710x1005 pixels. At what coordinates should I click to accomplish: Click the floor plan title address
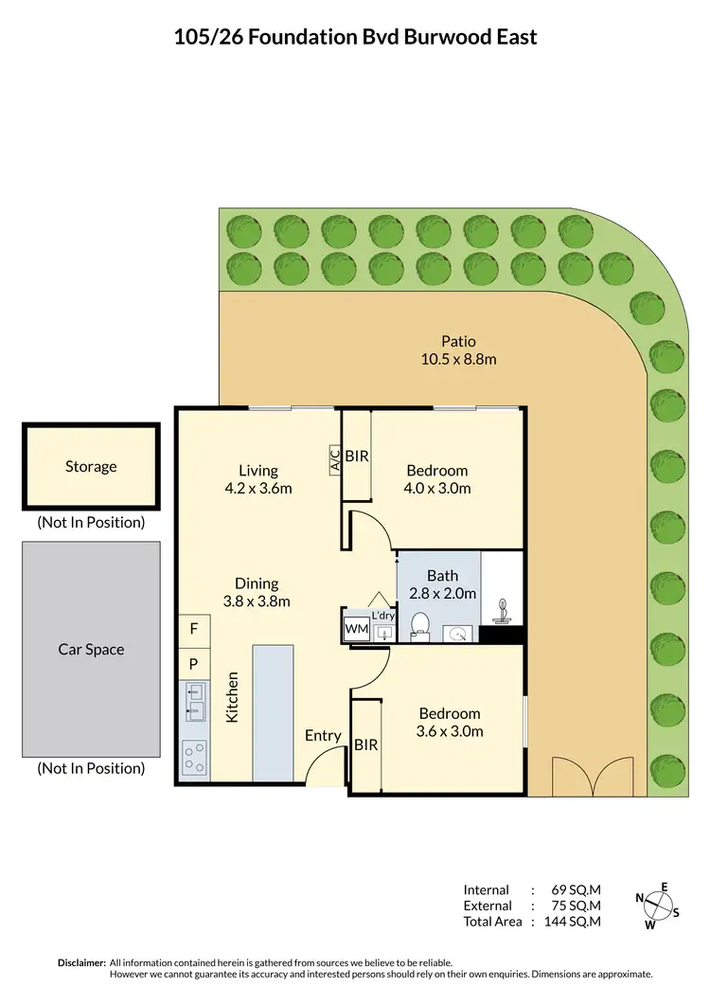(x=355, y=37)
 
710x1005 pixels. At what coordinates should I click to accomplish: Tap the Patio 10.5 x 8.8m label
(x=458, y=350)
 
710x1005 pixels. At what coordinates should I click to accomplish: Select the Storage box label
(x=91, y=466)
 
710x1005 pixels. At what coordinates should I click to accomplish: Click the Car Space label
(x=91, y=649)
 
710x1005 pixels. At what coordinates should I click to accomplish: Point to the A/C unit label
(x=334, y=459)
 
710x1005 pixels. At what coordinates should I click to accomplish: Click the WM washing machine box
(x=356, y=628)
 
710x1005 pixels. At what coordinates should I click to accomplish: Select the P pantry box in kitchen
(x=194, y=663)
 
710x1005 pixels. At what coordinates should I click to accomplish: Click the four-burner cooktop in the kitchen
(x=194, y=757)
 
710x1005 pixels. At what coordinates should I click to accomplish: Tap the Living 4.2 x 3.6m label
(x=257, y=478)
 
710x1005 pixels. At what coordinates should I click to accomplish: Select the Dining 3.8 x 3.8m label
(x=257, y=592)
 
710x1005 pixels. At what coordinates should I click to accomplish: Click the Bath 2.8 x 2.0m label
(x=443, y=584)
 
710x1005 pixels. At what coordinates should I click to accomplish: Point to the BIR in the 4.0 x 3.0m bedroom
(x=357, y=456)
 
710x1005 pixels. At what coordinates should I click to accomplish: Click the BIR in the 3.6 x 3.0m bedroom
(x=365, y=745)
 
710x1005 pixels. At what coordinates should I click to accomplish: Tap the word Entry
(x=323, y=735)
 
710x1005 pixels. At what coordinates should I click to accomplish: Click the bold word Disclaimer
(x=81, y=961)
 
